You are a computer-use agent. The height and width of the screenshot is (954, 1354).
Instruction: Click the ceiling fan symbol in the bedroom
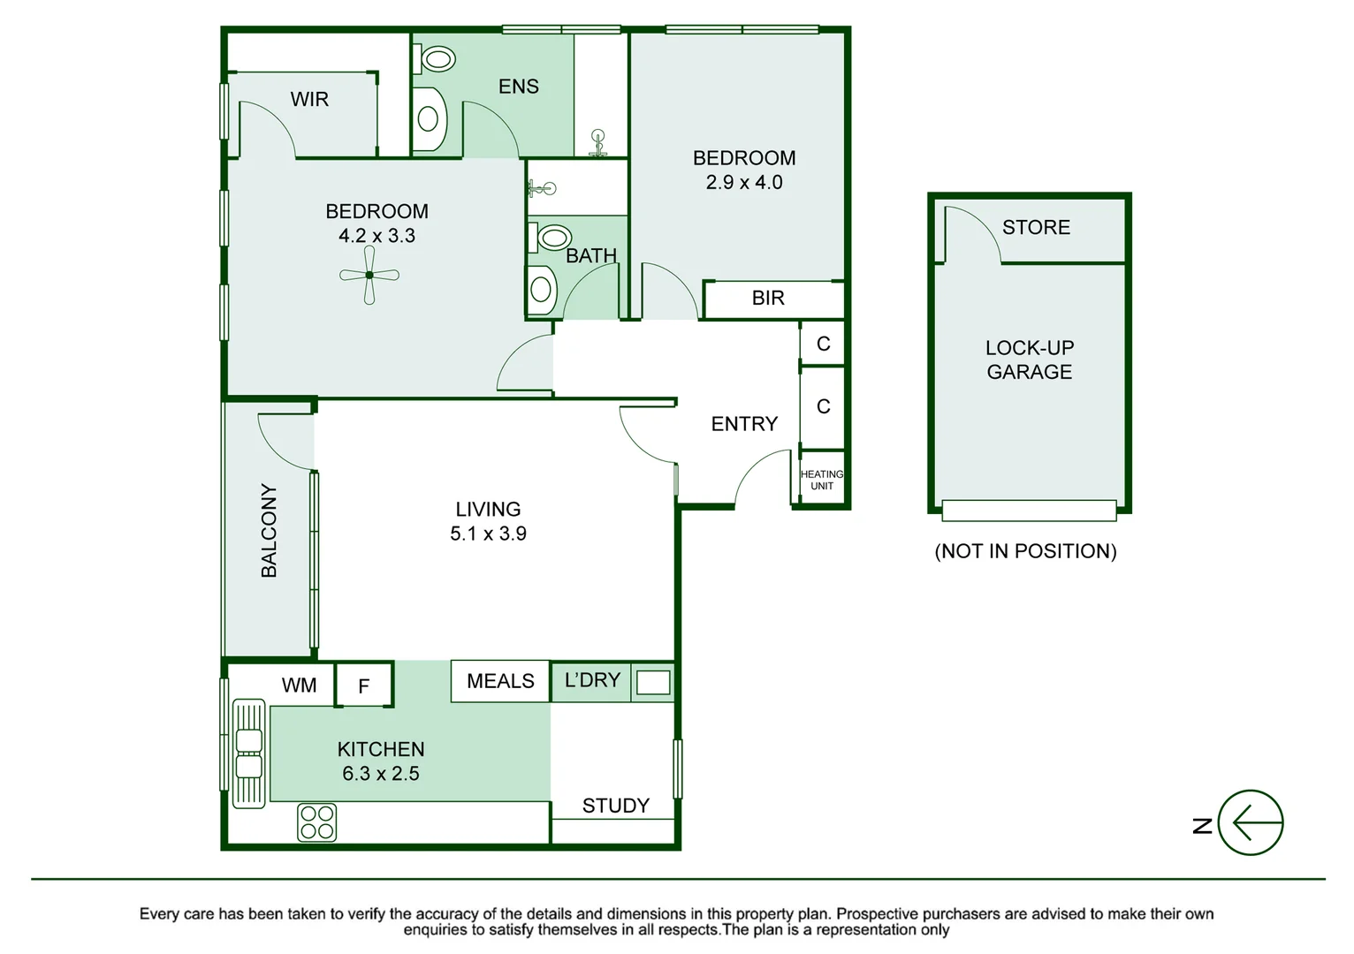369,276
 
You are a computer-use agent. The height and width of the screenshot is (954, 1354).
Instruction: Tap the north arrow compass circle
1250,822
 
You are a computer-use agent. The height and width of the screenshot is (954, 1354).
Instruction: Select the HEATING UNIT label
822,480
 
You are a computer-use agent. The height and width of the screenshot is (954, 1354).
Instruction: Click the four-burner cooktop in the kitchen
317,821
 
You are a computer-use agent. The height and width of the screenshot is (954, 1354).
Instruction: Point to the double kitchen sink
249,753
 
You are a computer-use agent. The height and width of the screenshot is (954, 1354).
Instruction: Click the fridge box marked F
363,685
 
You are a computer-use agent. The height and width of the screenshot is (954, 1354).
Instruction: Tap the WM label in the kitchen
299,685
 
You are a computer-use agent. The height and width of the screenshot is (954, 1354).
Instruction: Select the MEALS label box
500,681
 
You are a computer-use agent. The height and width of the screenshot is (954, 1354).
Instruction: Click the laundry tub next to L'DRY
653,682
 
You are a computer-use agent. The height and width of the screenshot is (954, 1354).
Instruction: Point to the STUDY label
615,806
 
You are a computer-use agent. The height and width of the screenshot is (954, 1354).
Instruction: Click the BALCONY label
269,530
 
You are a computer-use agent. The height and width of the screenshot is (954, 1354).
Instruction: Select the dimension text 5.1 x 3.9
488,534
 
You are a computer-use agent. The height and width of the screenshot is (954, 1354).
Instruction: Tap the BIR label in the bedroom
768,299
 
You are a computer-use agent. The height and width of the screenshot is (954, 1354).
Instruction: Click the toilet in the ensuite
437,60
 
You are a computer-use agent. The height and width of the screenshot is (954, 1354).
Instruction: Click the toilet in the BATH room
554,237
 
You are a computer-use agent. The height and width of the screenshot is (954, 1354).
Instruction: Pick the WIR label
309,100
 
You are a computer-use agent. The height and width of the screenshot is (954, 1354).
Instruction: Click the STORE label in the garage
1036,228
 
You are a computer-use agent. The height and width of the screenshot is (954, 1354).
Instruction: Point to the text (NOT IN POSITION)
1025,551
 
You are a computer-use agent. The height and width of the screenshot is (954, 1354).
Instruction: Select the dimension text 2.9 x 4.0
744,183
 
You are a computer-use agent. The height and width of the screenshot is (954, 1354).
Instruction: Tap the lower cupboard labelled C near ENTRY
823,406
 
